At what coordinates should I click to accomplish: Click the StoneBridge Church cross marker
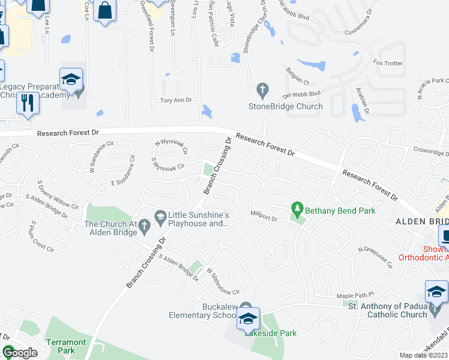(x=262, y=91)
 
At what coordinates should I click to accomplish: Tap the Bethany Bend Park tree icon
(x=297, y=210)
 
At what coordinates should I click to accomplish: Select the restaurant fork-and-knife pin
(x=27, y=103)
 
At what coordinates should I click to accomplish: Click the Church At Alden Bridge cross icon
(x=144, y=225)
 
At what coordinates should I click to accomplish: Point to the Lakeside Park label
(x=270, y=333)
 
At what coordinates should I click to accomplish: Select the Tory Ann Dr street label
(x=176, y=100)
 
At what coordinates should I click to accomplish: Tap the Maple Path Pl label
(x=355, y=296)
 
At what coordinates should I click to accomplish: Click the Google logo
(x=20, y=353)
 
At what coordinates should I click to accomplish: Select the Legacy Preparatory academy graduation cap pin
(x=71, y=79)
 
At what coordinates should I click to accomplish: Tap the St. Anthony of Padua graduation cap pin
(x=436, y=292)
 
